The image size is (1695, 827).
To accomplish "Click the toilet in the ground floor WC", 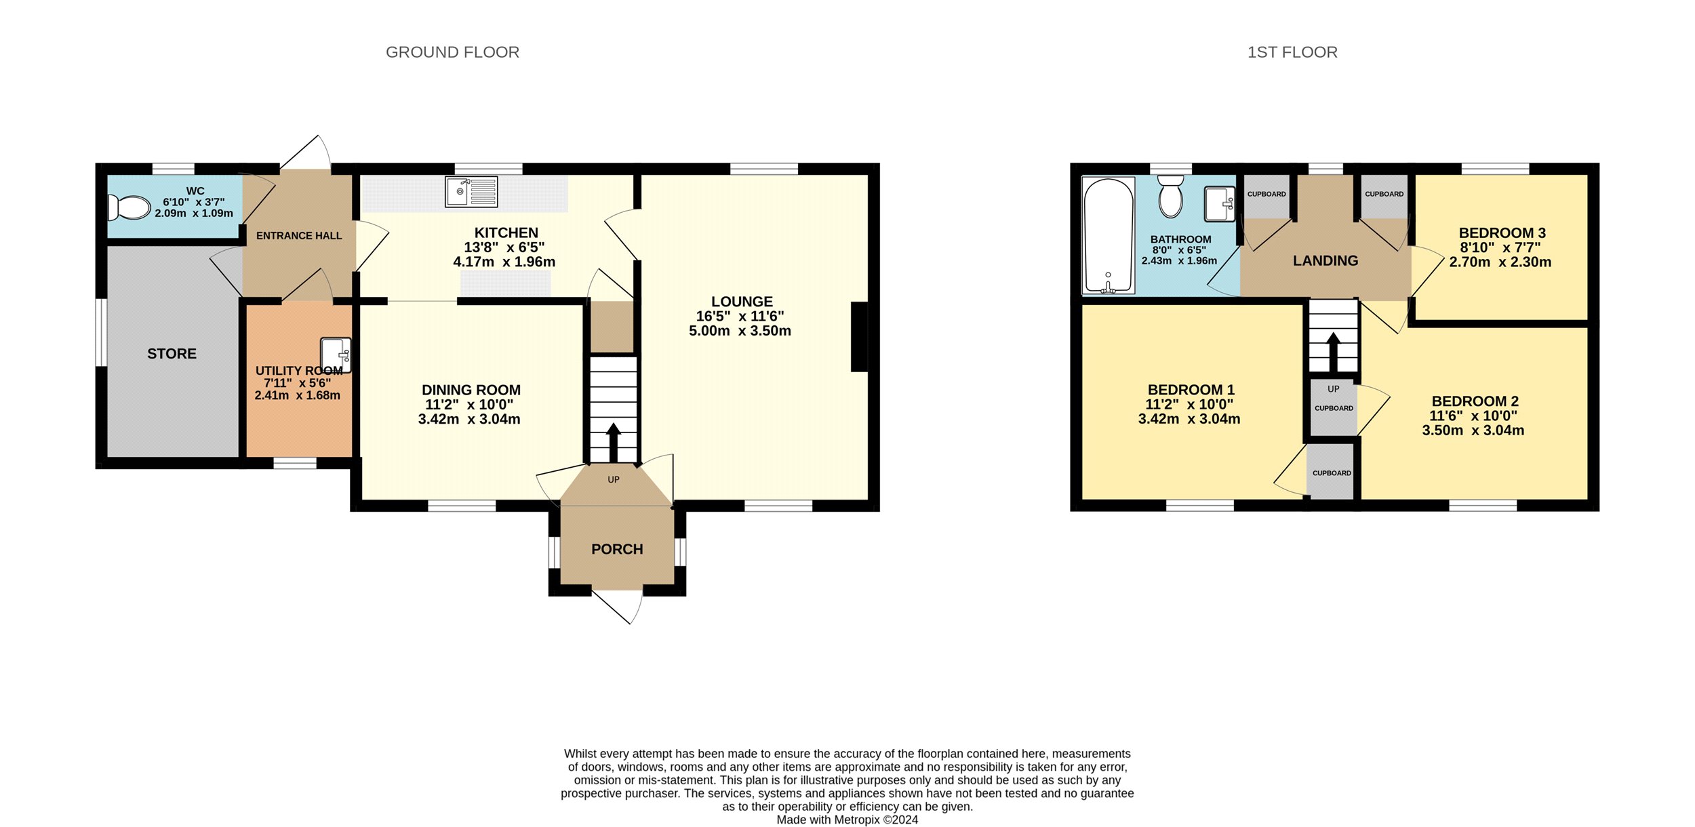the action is pos(129,207).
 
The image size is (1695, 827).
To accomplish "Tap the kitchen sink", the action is pos(471,192).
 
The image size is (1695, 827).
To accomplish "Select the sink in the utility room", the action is pos(336,355).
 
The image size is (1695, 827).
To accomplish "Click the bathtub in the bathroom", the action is pos(1108,236).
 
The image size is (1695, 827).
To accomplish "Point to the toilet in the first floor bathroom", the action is pos(1170,196).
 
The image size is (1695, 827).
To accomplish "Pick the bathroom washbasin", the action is pos(1220,204).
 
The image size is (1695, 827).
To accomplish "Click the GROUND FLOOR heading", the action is pos(452,52).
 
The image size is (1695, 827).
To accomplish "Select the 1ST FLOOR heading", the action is pos(1292,52).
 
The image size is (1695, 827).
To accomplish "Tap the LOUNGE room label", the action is pos(742,302).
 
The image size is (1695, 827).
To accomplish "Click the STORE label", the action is pos(172,354).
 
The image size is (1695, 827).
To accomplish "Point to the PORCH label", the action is pos(617,549).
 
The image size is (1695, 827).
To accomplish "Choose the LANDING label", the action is pos(1325,261).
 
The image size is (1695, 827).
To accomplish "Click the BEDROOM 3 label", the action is pos(1502,233).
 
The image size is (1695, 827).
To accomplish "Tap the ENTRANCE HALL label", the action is pos(299,236).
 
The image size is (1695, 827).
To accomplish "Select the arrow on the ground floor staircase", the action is pos(613,443).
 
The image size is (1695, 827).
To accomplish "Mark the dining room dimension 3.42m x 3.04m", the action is pos(469,420).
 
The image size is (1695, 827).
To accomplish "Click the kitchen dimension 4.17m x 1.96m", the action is pos(504,262).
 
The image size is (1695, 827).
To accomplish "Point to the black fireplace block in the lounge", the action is pos(859,337).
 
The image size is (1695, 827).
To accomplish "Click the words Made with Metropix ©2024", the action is pos(847,820).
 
